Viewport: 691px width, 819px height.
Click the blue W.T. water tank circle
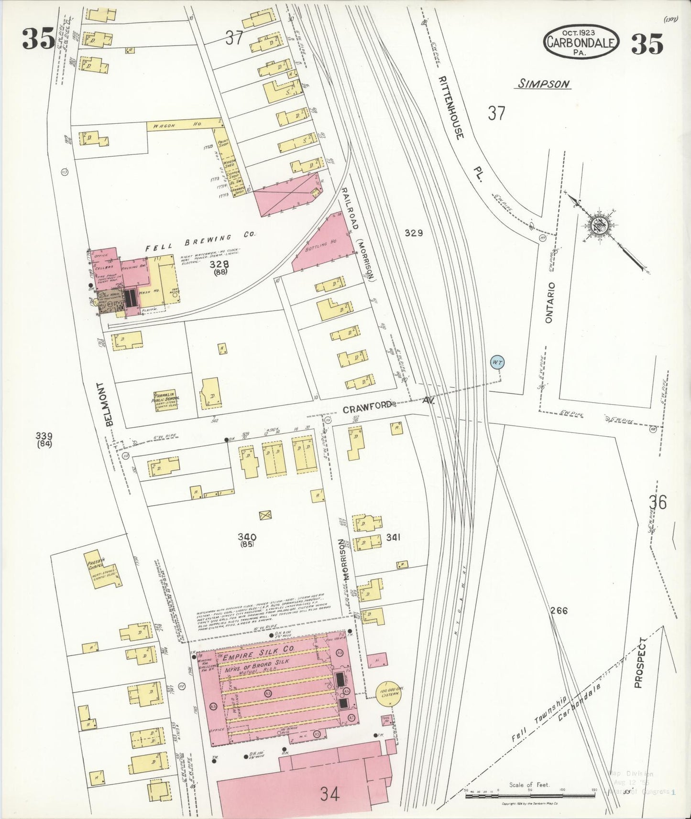pyautogui.click(x=497, y=363)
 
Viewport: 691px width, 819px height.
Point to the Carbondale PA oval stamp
pyautogui.click(x=581, y=43)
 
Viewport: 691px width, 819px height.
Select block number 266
pyautogui.click(x=559, y=610)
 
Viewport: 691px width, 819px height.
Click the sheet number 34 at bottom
pyautogui.click(x=330, y=794)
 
